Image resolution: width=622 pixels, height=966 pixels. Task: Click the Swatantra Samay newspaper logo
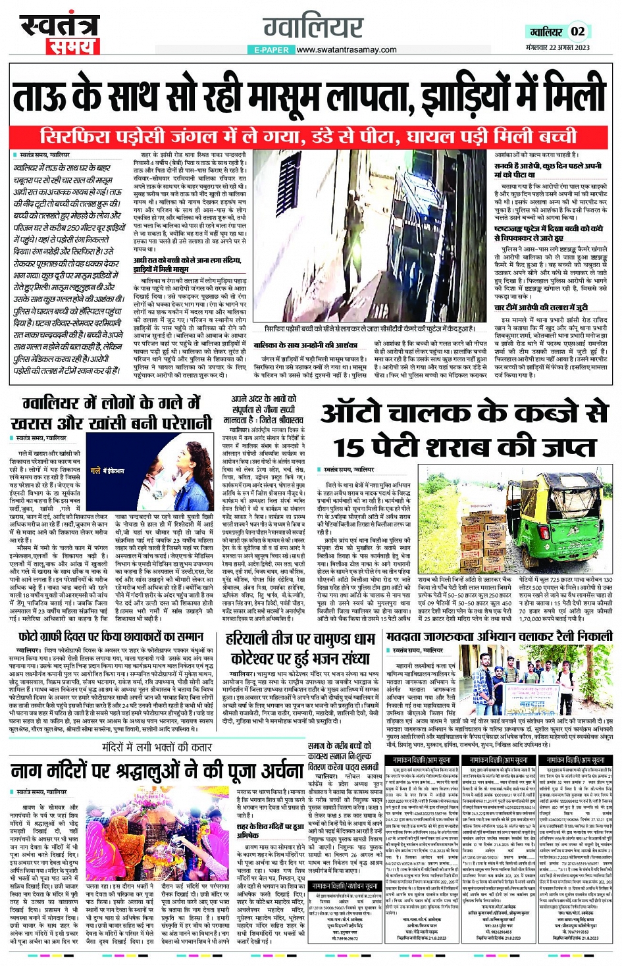pos(58,32)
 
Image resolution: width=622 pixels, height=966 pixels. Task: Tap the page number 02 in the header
pos(577,32)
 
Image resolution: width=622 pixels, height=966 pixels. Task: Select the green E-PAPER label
pos(270,50)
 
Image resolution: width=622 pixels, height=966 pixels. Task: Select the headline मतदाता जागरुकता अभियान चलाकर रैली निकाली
pos(499,637)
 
